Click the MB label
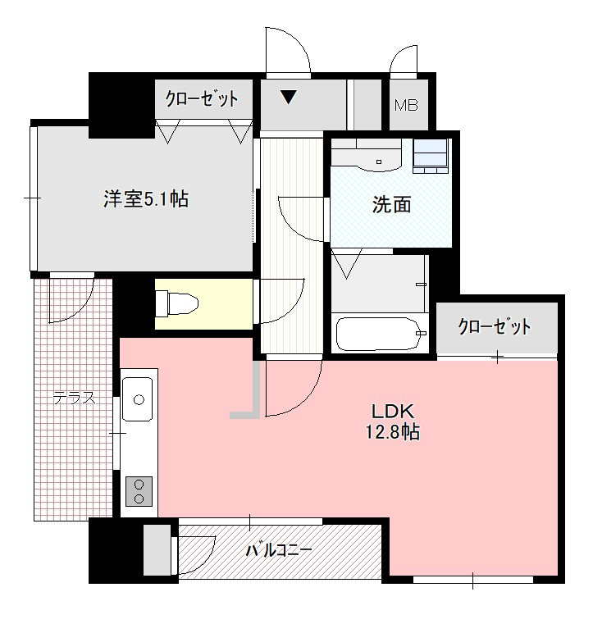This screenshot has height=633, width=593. [406, 106]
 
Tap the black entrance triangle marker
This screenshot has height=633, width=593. [289, 98]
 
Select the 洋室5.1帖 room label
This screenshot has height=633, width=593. [146, 199]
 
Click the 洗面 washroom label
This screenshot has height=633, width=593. [391, 205]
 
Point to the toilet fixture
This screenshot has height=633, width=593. [177, 304]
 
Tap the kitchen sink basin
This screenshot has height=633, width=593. [138, 399]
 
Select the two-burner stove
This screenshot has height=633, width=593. [139, 491]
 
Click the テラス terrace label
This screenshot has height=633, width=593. [75, 398]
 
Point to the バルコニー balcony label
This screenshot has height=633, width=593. [279, 550]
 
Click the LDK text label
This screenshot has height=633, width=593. [393, 412]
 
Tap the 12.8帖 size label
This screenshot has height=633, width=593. [393, 432]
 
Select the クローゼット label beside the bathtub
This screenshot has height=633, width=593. [494, 326]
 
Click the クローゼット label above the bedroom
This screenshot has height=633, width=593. [201, 98]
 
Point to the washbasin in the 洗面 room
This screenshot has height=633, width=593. [378, 159]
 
